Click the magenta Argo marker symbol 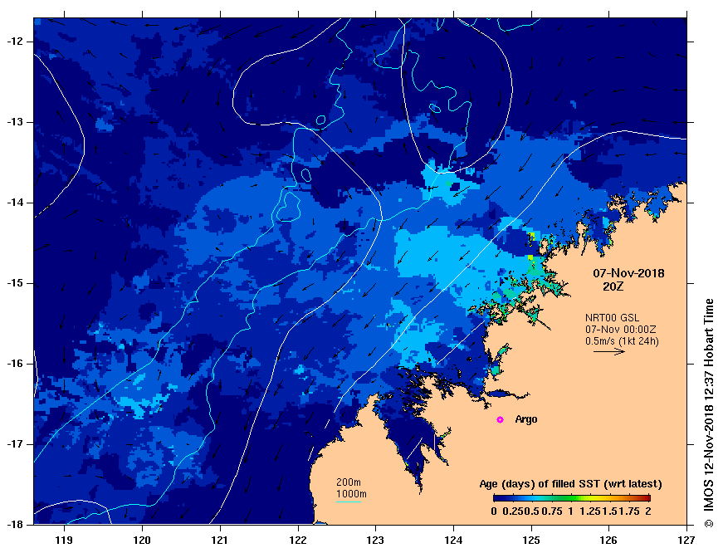500,420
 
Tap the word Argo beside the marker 526,419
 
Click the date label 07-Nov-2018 628,273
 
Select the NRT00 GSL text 613,317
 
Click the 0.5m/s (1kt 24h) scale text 623,340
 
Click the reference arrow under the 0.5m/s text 608,351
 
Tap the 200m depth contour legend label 349,482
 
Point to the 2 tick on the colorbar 648,511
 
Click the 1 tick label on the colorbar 571,511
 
